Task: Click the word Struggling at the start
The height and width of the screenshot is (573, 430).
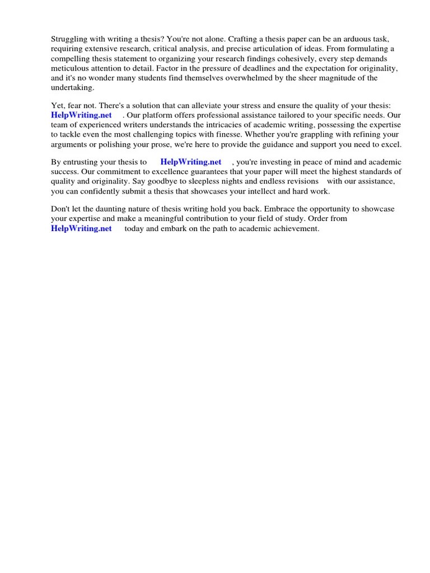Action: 70,39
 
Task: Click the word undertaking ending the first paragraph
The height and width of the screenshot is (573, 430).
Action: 73,88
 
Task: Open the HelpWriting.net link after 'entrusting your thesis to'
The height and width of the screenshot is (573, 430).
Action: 191,162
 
